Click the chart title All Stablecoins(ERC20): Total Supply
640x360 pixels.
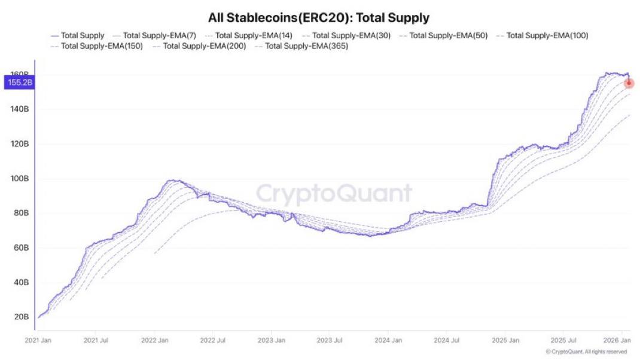click(x=319, y=17)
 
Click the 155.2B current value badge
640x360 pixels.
click(x=19, y=83)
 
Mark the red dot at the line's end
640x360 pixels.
click(x=629, y=83)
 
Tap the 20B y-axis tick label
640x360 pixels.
click(x=21, y=317)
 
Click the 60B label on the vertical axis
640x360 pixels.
click(x=20, y=248)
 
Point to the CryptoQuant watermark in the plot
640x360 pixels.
click(x=334, y=193)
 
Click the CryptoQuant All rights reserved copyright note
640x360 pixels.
click(x=586, y=352)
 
